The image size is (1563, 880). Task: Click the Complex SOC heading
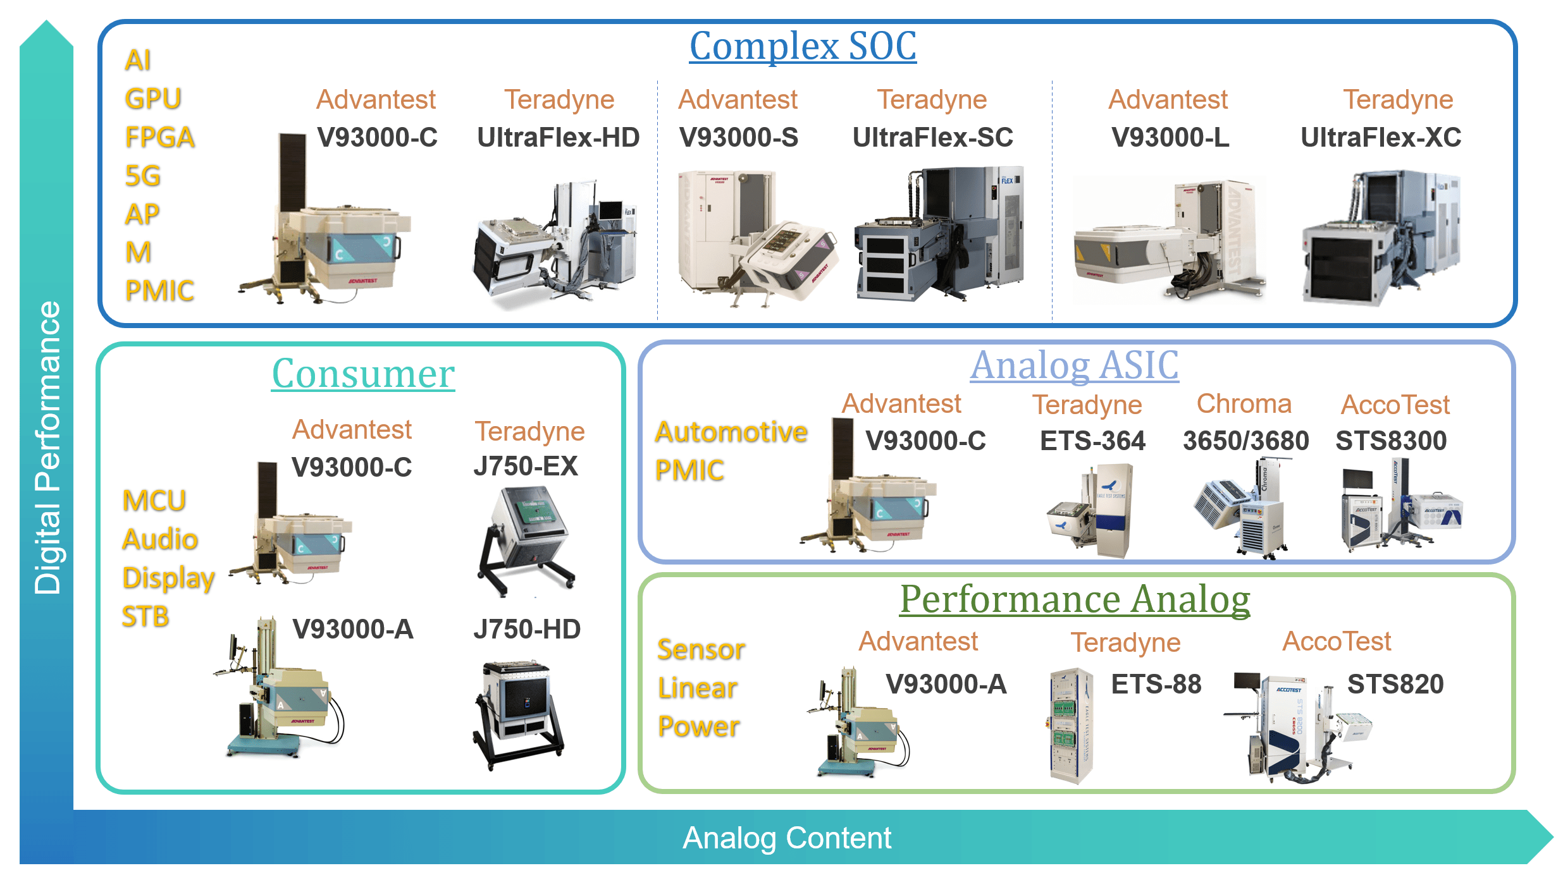[802, 46]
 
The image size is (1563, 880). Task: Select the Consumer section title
[363, 374]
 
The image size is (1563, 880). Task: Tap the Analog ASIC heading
[1074, 365]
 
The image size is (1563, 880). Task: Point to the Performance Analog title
[1075, 599]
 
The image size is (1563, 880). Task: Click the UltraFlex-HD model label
[558, 138]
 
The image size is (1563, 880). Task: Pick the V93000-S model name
[738, 138]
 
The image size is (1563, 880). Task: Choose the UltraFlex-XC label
[1380, 138]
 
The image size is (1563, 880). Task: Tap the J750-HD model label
[526, 630]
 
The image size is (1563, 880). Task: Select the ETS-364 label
[1092, 441]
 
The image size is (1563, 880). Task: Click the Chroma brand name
[1244, 404]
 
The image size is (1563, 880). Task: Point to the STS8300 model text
[1390, 441]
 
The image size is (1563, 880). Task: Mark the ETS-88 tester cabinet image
[1070, 726]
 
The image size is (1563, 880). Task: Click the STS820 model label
[1395, 685]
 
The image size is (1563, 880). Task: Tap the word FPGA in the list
[159, 138]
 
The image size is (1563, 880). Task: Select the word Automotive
[731, 432]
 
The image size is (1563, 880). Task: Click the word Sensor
[701, 650]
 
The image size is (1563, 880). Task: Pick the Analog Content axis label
[786, 838]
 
